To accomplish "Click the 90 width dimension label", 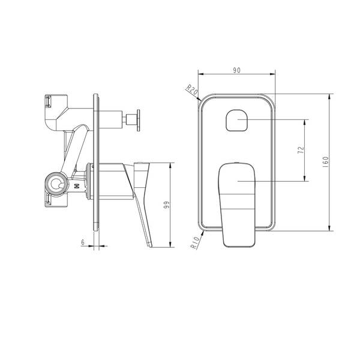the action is (x=237, y=70).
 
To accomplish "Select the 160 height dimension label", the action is (x=325, y=161).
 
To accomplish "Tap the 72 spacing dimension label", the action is (x=301, y=150).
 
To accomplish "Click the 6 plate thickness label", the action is (x=83, y=242).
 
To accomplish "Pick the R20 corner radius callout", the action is (x=192, y=89).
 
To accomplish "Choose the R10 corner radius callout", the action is (x=194, y=242).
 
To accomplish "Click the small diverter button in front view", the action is (x=237, y=121).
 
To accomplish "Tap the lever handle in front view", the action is (x=237, y=205).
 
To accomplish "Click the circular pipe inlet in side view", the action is (x=56, y=184).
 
